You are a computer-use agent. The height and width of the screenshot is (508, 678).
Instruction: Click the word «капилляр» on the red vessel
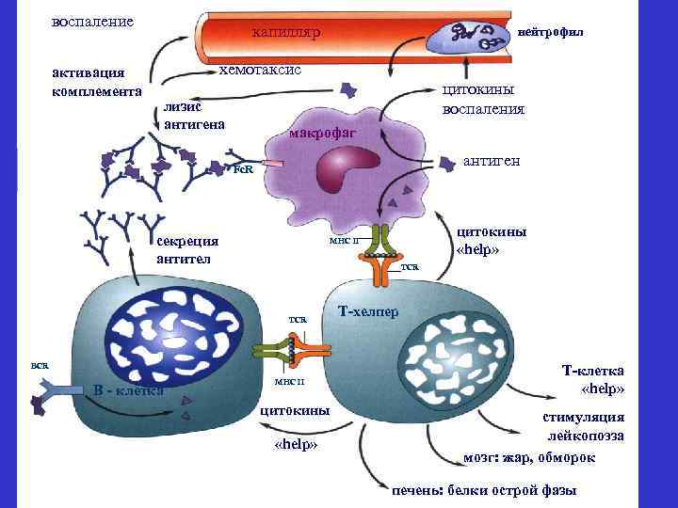[287, 33]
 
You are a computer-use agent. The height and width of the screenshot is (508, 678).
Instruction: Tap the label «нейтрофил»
[551, 32]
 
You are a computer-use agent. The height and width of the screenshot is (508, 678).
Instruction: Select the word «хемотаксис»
[260, 71]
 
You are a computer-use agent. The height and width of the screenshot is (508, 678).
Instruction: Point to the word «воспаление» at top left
[92, 21]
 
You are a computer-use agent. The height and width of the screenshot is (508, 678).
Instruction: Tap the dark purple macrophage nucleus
[347, 170]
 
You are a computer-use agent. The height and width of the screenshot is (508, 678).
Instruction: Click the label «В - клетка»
[131, 389]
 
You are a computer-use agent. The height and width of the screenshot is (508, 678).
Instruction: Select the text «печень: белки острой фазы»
[484, 490]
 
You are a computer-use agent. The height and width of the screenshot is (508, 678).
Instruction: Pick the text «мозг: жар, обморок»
[529, 457]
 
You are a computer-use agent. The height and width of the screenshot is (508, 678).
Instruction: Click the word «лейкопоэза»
[586, 437]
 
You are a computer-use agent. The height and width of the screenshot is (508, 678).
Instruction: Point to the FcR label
[243, 170]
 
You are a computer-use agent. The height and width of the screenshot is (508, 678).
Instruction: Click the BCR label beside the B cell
[40, 365]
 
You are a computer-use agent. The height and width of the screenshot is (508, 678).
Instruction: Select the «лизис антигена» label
[195, 116]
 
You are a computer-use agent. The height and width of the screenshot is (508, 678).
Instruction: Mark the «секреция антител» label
[187, 249]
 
